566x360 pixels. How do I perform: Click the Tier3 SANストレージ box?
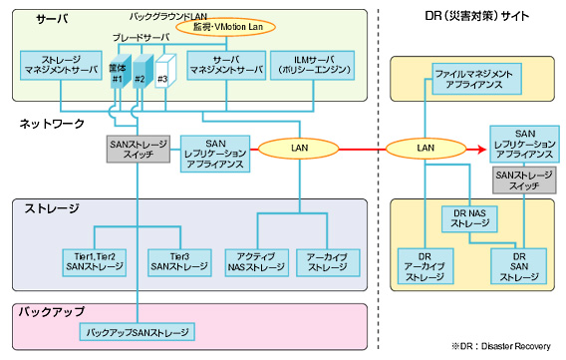pyautogui.click(x=179, y=261)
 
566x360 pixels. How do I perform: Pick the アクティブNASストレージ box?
pyautogui.click(x=257, y=261)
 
